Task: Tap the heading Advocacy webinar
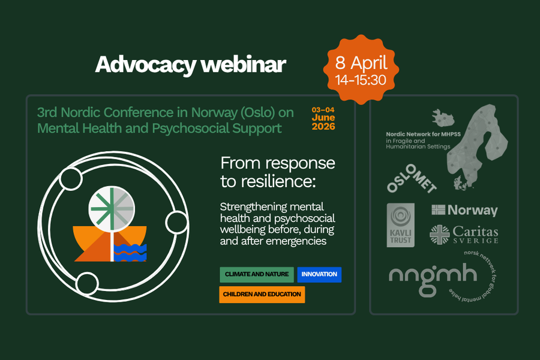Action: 190,64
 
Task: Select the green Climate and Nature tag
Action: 256,275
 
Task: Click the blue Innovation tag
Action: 319,275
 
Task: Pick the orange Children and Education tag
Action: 262,295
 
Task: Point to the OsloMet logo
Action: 412,179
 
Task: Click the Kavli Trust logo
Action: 401,224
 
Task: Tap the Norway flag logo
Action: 464,210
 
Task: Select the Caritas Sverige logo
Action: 464,234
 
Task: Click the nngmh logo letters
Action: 432,275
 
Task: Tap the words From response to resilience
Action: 278,172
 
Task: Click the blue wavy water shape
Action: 130,252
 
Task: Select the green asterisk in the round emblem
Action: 109,207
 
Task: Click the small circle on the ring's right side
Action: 177,222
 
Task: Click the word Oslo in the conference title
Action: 239,112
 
